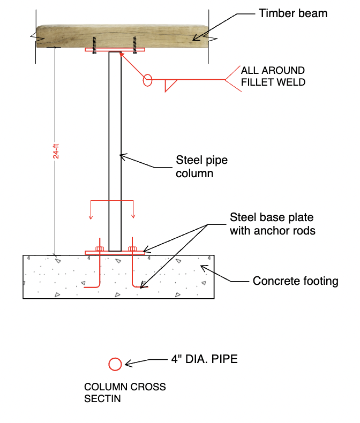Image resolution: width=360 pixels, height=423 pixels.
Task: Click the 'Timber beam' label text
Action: (292, 13)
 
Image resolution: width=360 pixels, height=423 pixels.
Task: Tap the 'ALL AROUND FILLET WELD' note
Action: (273, 76)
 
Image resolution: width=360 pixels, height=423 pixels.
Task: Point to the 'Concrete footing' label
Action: (295, 281)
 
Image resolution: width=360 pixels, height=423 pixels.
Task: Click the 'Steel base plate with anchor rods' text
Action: (272, 224)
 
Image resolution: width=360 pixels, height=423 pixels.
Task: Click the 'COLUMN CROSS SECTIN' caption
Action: (125, 392)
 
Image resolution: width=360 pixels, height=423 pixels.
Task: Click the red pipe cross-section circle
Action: (115, 364)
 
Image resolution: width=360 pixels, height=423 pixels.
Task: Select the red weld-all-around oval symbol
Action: (148, 81)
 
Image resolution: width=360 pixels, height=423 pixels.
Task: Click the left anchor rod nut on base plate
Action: (99, 249)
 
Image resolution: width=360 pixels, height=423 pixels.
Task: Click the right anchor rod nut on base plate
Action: (132, 249)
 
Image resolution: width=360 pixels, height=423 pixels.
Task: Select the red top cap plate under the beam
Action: (115, 50)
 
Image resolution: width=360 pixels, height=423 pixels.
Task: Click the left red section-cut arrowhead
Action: (91, 217)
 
